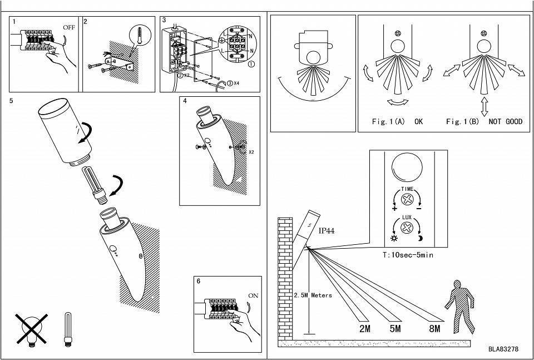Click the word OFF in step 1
pos(68,27)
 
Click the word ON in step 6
pos(253,295)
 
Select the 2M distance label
pos(365,329)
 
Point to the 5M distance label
pos(395,329)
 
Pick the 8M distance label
pos(434,329)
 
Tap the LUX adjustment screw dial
pos(408,228)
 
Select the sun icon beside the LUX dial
pos(395,238)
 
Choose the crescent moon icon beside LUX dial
pos(421,238)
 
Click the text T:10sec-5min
pos(409,255)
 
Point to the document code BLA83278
pos(503,349)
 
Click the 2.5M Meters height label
pos(313,295)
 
